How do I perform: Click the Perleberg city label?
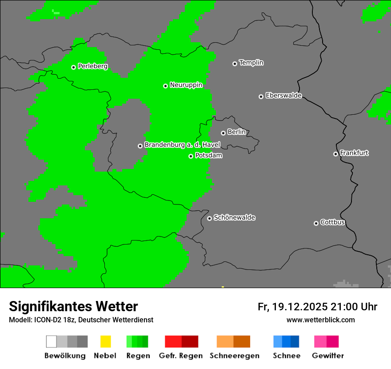coord(92,66)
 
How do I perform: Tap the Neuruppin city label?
coord(186,85)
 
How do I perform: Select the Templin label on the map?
coord(251,63)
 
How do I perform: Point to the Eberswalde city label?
coord(283,96)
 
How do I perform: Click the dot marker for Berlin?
coord(223,133)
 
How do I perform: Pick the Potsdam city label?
coord(208,156)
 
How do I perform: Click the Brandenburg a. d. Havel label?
coord(182,145)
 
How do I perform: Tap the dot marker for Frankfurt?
coord(335,154)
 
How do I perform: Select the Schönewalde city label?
coord(234,217)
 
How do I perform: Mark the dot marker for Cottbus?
coord(316,223)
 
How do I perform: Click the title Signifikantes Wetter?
coord(73,306)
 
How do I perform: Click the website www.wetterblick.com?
coord(320,320)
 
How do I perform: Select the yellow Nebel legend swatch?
coord(105,341)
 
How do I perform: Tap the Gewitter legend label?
coord(327,356)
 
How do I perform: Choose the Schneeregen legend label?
coord(234,356)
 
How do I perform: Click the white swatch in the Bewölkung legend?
coord(51,341)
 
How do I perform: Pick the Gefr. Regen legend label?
coord(181,356)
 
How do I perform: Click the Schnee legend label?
coord(286,356)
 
